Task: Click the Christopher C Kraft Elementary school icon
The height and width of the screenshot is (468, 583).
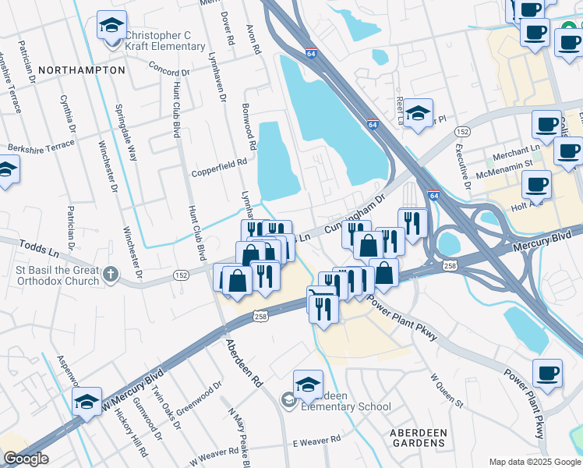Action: [112, 25]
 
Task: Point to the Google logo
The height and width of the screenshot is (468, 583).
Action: [26, 459]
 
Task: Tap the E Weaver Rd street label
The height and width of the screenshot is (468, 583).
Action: [317, 441]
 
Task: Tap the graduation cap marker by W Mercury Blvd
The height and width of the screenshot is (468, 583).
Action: [87, 401]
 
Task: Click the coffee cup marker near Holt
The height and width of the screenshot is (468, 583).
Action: [535, 185]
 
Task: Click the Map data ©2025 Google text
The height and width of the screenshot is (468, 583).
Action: [534, 460]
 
